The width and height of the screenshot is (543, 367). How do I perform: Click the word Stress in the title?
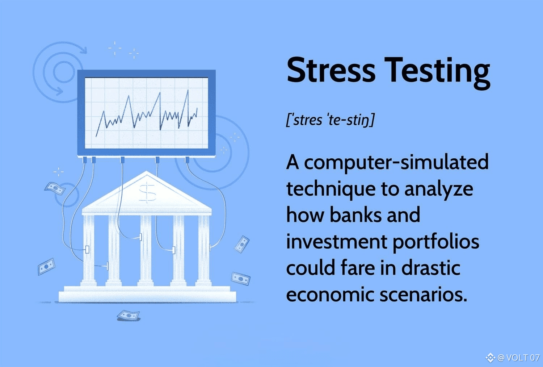(331, 70)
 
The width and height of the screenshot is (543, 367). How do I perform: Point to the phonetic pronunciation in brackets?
(330, 120)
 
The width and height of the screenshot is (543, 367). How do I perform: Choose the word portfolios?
(436, 242)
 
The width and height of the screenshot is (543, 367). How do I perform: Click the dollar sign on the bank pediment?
(147, 192)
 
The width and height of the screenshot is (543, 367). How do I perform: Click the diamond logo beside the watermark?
(490, 358)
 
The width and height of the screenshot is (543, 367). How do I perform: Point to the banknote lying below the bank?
(129, 315)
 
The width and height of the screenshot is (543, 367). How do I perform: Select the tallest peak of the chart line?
(188, 90)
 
